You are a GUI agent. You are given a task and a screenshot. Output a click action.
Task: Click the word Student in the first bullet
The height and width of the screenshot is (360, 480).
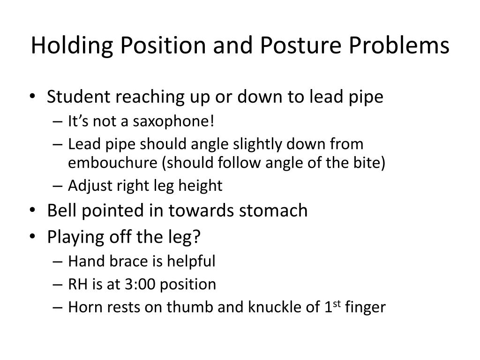coord(77,97)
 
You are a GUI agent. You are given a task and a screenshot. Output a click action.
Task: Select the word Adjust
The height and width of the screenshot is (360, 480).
coord(84,186)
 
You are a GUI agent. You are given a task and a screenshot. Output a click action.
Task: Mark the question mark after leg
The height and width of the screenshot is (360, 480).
coord(196,237)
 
